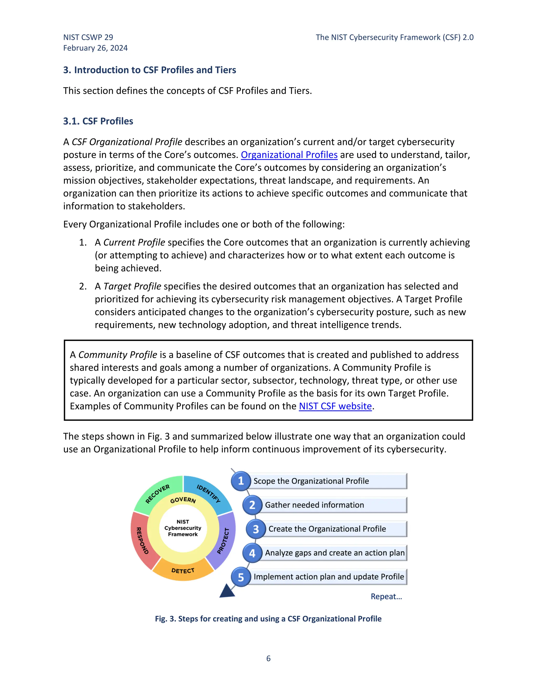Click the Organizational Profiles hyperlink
click(x=289, y=155)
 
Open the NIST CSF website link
click(x=335, y=406)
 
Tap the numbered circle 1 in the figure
click(x=241, y=481)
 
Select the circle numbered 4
click(x=252, y=553)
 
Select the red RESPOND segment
click(x=142, y=541)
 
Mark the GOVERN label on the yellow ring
click(x=183, y=500)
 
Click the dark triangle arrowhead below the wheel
click(x=227, y=592)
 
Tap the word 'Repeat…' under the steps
click(x=386, y=597)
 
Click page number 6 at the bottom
click(x=268, y=658)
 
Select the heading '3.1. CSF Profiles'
click(x=98, y=121)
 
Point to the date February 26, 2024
click(x=95, y=48)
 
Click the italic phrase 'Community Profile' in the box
click(x=118, y=355)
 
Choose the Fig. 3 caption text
click(x=268, y=619)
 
